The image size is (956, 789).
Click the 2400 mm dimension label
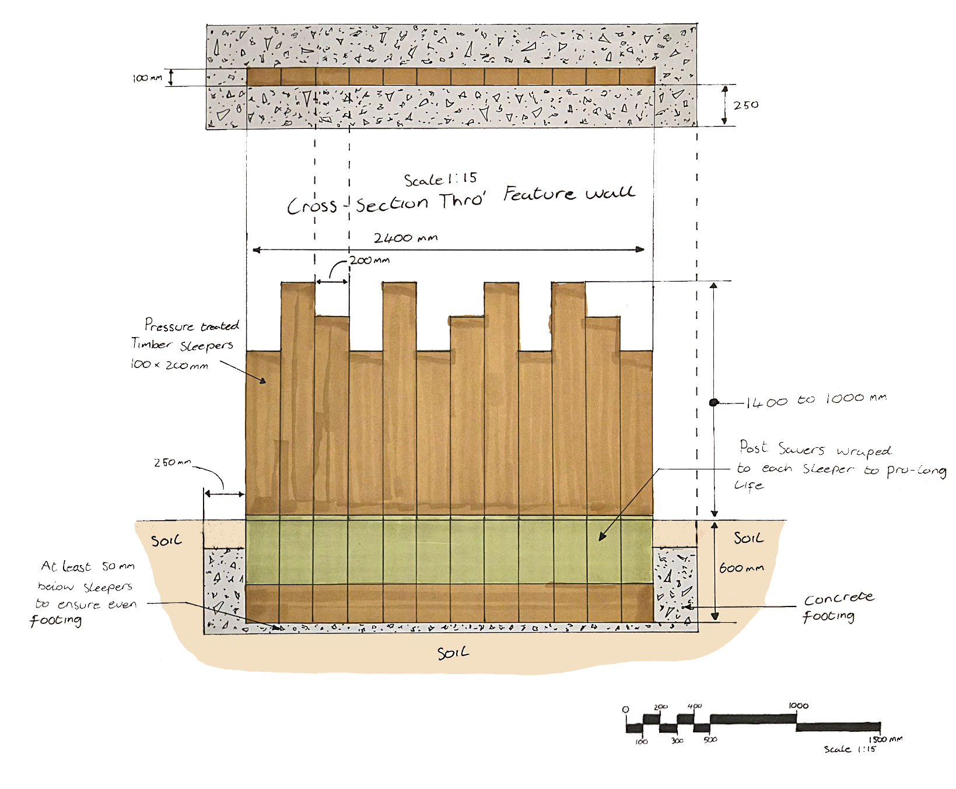[405, 238]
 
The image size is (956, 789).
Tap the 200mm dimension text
[370, 260]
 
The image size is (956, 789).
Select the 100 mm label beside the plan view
[147, 78]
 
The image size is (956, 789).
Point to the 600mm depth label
[741, 567]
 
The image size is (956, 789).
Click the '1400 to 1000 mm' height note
[816, 400]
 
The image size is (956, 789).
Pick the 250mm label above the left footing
[172, 462]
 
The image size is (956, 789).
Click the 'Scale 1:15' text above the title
[440, 179]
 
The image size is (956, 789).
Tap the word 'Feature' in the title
[540, 193]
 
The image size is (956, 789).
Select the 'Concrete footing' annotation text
[838, 606]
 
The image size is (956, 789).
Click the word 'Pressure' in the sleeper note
[169, 325]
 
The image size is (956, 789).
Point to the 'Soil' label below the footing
[453, 653]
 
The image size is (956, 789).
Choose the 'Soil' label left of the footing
[166, 541]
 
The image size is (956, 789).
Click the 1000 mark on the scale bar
[799, 706]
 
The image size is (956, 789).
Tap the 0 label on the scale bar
[626, 710]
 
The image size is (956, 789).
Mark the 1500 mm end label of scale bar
[885, 739]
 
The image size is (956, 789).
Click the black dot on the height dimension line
[713, 402]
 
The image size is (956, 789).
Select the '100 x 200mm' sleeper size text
[169, 364]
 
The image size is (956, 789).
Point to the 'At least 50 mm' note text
[87, 566]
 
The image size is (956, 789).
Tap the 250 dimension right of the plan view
[746, 105]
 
